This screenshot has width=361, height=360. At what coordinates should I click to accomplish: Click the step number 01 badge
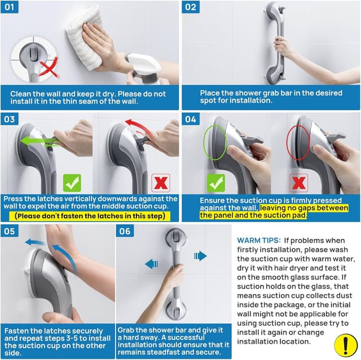tap(10, 7)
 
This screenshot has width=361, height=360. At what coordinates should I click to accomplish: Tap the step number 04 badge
tap(191, 119)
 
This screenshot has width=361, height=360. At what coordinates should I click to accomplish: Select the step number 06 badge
tap(125, 231)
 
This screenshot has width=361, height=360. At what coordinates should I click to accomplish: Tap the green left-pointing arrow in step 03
tap(39, 141)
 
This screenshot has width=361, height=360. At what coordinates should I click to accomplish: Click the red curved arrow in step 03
tap(138, 127)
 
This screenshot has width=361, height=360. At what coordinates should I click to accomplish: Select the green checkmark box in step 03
tap(72, 183)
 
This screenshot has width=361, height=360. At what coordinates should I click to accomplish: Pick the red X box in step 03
tap(161, 183)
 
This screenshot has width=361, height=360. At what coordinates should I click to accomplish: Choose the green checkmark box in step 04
tap(216, 183)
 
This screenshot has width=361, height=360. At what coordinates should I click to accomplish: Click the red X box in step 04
tap(298, 183)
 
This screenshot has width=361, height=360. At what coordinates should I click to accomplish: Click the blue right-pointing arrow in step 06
tap(200, 256)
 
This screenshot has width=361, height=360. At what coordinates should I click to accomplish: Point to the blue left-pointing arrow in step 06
tap(152, 264)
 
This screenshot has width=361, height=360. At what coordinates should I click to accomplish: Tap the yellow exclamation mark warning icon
tap(345, 345)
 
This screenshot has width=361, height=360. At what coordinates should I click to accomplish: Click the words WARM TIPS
tap(259, 241)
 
